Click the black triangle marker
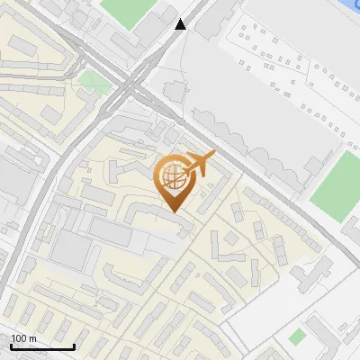tap(181, 25)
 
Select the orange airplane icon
tap(199, 165)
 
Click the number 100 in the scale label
tap(19, 338)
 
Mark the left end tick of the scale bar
tap(11, 346)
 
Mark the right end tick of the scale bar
tap(74, 346)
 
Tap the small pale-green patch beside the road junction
tap(91, 82)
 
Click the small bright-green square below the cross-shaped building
tap(297, 337)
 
